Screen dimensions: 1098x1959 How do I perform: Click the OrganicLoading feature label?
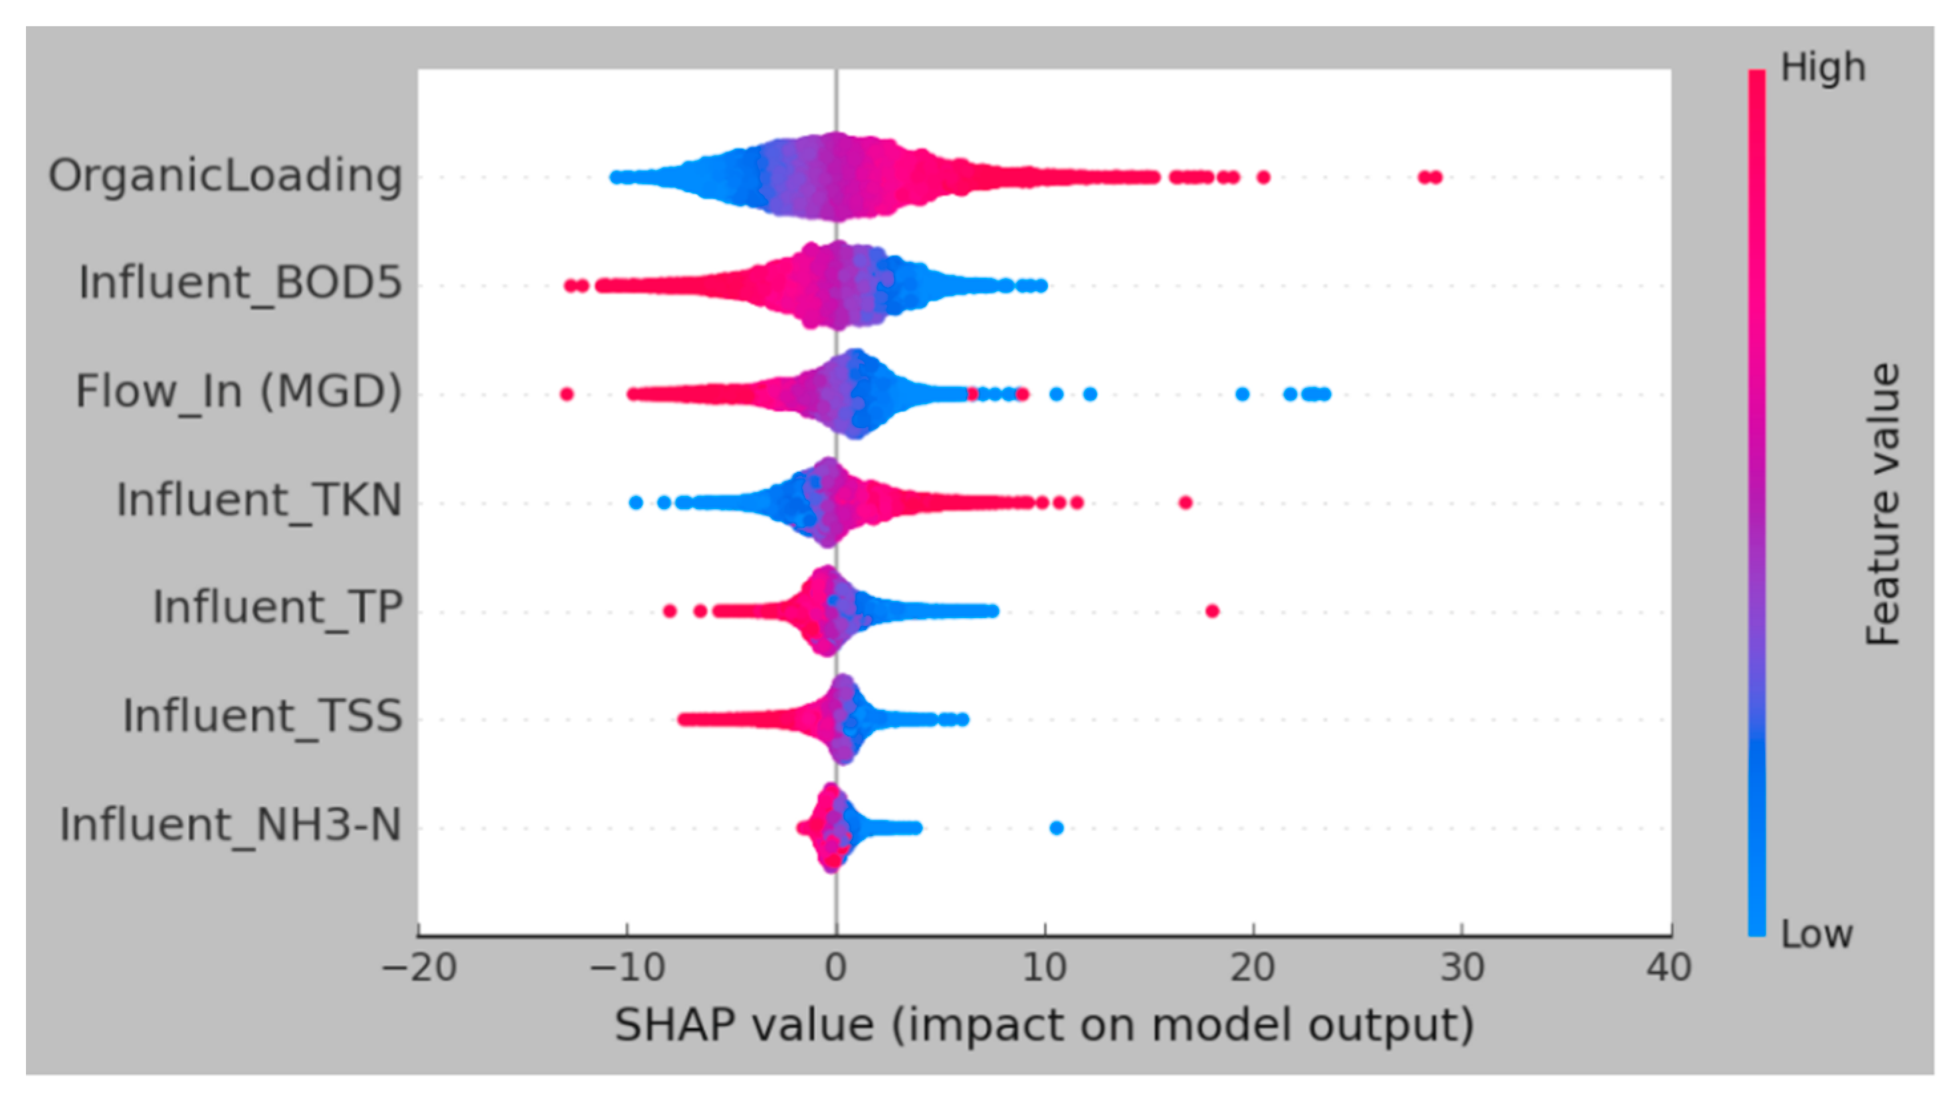click(225, 175)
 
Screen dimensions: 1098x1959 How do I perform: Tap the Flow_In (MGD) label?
click(238, 392)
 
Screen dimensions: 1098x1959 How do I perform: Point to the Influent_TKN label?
click(258, 500)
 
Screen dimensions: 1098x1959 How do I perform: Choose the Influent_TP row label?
click(278, 607)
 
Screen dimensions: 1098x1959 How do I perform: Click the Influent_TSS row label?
click(262, 716)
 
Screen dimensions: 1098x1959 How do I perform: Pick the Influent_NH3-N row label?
click(231, 825)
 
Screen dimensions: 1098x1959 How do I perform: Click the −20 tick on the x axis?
click(419, 968)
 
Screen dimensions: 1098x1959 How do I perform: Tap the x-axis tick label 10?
click(1044, 968)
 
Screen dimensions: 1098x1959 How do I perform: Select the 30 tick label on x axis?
click(1463, 968)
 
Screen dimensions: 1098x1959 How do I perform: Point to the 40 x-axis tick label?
click(1669, 968)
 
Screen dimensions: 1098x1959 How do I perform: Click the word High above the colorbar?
click(1823, 68)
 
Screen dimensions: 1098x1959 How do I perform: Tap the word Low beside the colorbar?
click(1816, 934)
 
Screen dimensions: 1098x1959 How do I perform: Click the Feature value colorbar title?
click(1883, 504)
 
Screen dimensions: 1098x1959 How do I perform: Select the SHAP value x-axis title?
click(1043, 1025)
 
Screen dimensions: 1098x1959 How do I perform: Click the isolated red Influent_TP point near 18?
click(1212, 611)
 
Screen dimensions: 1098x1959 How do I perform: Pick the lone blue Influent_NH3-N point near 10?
click(1055, 828)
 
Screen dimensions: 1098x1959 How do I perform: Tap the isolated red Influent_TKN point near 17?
click(1185, 502)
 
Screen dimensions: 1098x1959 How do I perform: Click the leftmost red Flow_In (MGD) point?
click(566, 394)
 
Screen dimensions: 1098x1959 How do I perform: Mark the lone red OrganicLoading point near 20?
click(1263, 178)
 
